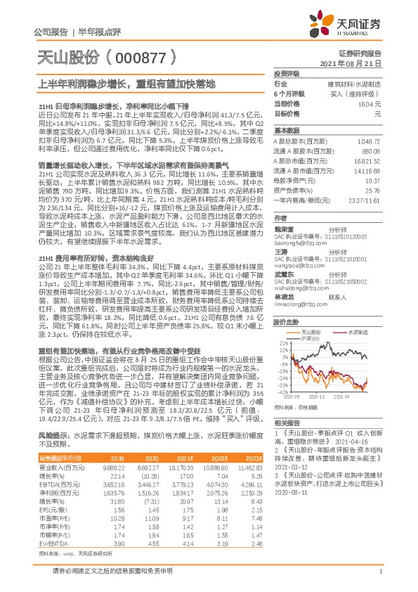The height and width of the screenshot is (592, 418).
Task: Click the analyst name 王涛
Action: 281,251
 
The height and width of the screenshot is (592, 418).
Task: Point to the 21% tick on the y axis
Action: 283,344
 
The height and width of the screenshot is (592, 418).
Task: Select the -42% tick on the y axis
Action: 282,392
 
